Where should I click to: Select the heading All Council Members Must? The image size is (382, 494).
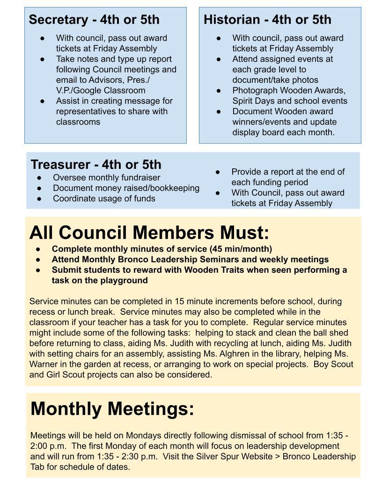tap(149, 232)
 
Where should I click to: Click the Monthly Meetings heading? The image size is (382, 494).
tap(112, 408)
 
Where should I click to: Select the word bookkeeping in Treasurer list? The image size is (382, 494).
tap(176, 188)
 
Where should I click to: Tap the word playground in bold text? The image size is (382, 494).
tap(123, 280)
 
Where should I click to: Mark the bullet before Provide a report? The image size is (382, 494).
tap(218, 172)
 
